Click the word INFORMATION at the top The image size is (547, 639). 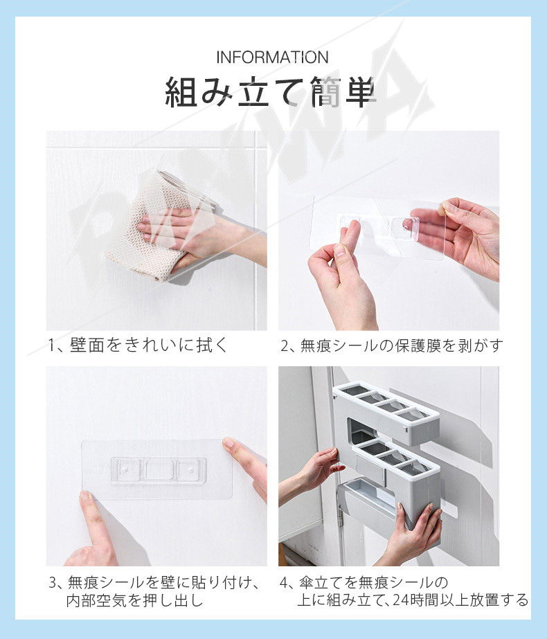(x=272, y=57)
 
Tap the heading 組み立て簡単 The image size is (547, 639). (x=269, y=93)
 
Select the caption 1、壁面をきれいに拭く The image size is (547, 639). (x=138, y=345)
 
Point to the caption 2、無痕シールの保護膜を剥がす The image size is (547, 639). (x=392, y=346)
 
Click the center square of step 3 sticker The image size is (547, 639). (x=159, y=470)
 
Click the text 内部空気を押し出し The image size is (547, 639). (x=134, y=600)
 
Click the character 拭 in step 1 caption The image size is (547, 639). (x=205, y=345)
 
